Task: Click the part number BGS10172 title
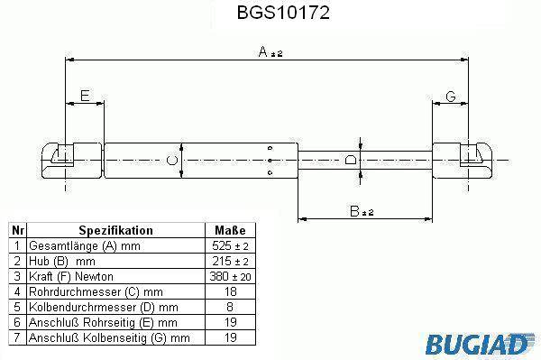pyautogui.click(x=283, y=13)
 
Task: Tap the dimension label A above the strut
pyautogui.click(x=270, y=52)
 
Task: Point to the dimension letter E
pyautogui.click(x=85, y=96)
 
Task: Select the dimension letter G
pyautogui.click(x=451, y=97)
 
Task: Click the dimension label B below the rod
pyautogui.click(x=362, y=211)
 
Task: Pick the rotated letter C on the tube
pyautogui.click(x=172, y=161)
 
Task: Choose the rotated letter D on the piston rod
pyautogui.click(x=351, y=160)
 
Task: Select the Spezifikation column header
pyautogui.click(x=115, y=230)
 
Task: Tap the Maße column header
pyautogui.click(x=230, y=230)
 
